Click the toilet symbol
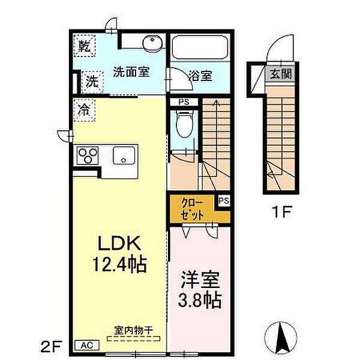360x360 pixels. click(184, 124)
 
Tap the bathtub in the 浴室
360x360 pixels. click(200, 47)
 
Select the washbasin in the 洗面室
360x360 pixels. click(152, 43)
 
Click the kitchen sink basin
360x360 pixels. click(124, 155)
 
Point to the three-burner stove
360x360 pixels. click(88, 155)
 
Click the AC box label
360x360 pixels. click(87, 346)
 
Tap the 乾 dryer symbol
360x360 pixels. click(85, 46)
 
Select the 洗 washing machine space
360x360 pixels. click(92, 82)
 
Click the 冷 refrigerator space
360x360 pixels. click(84, 110)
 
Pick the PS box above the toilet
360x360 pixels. click(184, 102)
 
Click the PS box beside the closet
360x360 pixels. click(224, 200)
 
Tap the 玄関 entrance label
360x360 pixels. click(281, 74)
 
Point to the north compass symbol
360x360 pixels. click(281, 338)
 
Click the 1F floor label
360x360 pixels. click(282, 212)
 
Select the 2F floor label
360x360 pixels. click(51, 347)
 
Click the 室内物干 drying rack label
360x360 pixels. click(133, 331)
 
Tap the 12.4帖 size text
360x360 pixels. click(119, 264)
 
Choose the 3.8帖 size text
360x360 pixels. click(200, 300)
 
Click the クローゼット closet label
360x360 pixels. click(193, 209)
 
